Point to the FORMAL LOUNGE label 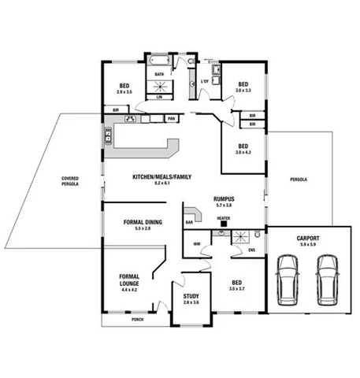click(x=129, y=280)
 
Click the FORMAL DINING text click(x=143, y=222)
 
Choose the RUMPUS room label click(x=225, y=199)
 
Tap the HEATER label click(x=224, y=217)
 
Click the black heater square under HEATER click(x=224, y=224)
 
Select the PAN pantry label click(x=171, y=118)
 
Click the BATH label click(x=159, y=75)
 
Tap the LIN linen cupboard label click(x=159, y=96)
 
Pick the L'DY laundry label click(x=205, y=82)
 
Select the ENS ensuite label click(x=251, y=250)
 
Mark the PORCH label click(x=137, y=319)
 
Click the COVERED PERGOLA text click(x=69, y=182)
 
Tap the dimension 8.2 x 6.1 click(x=162, y=183)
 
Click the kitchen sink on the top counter click(x=132, y=119)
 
